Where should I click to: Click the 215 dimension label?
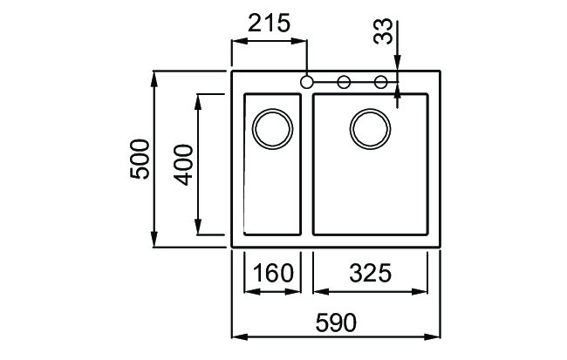(269, 24)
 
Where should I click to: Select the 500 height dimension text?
(140, 159)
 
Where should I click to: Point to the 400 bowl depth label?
(183, 164)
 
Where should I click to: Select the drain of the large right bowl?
(370, 130)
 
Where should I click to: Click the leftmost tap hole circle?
(306, 82)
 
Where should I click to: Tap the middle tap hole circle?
(344, 82)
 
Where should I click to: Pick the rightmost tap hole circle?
(381, 82)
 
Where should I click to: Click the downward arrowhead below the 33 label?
(397, 63)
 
